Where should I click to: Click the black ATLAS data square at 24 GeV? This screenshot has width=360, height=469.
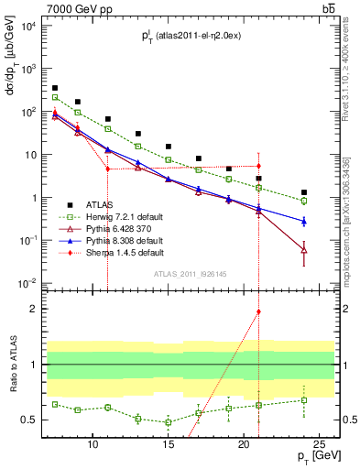[x=304, y=192]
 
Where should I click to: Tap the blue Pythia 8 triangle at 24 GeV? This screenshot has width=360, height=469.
[x=304, y=221]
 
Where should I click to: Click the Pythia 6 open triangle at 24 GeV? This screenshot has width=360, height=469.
[x=304, y=249]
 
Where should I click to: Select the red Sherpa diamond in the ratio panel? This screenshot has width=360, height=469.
[x=259, y=311]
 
